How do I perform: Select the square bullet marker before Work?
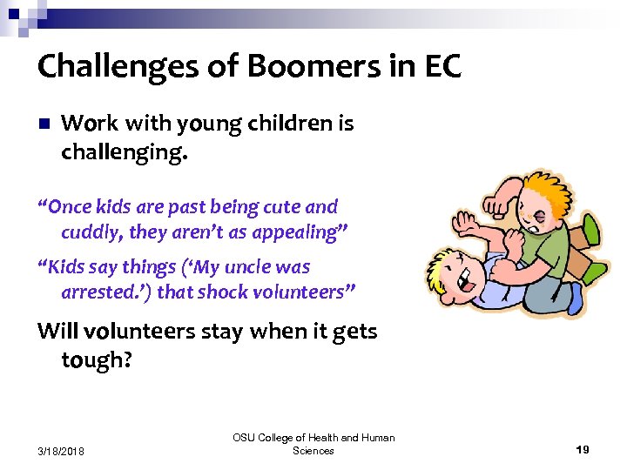click(45, 124)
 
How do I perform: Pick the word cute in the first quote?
click(270, 208)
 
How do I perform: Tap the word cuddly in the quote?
click(91, 232)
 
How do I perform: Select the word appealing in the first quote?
click(287, 232)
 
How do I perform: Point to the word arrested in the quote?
click(99, 292)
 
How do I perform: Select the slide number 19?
click(583, 449)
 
